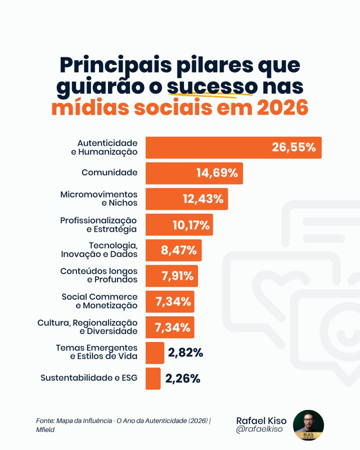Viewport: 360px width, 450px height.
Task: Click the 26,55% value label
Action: coord(293,148)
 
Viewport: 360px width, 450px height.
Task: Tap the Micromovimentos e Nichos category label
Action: coord(99,198)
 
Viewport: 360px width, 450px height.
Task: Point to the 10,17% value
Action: coord(191,225)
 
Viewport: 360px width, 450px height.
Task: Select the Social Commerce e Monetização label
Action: coord(99,301)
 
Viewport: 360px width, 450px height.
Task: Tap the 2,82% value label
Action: coord(185,353)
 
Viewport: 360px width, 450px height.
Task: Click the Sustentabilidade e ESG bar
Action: coord(153,378)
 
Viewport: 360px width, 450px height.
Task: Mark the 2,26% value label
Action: coord(183,378)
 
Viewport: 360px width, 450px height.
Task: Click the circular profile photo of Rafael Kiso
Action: coord(308,425)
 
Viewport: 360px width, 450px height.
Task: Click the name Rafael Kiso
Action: coord(261,420)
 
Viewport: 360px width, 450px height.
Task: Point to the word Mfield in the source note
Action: coord(46,430)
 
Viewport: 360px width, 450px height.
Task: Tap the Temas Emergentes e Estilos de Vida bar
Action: coord(155,353)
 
